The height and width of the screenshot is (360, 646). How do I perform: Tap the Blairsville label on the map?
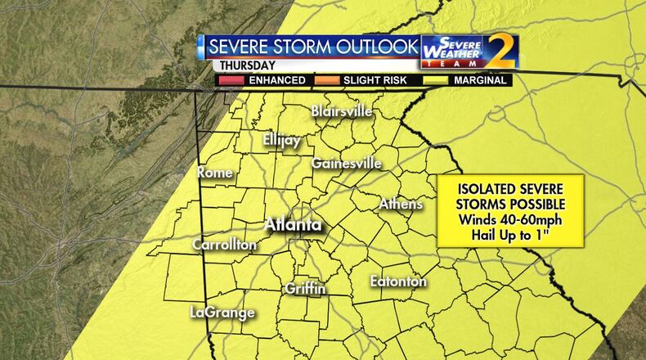pyautogui.click(x=342, y=111)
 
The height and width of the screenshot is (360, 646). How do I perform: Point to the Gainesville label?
pyautogui.click(x=346, y=164)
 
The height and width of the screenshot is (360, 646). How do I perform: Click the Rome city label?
pyautogui.click(x=215, y=173)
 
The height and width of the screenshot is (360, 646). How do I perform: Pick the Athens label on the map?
pyautogui.click(x=401, y=204)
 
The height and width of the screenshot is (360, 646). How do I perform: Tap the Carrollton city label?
pyautogui.click(x=225, y=245)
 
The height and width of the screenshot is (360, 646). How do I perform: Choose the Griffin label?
pyautogui.click(x=306, y=289)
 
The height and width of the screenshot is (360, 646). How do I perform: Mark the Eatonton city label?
pyautogui.click(x=399, y=281)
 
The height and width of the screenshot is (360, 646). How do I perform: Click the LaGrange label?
pyautogui.click(x=222, y=313)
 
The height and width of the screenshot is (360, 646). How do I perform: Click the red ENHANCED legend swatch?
pyautogui.click(x=231, y=80)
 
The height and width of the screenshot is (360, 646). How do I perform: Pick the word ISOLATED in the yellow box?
pyautogui.click(x=482, y=188)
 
